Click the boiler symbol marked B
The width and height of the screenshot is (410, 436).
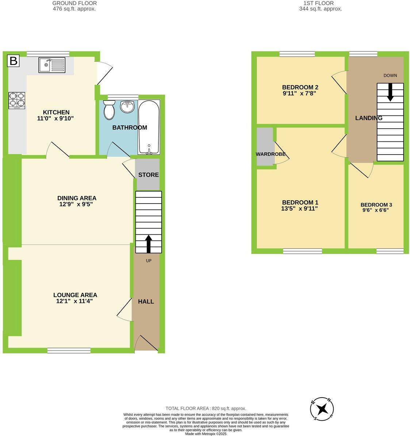click(x=13, y=61)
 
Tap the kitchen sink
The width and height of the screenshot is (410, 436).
click(x=52, y=65)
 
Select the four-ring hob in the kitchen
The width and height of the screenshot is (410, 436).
click(x=17, y=100)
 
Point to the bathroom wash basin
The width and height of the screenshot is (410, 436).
click(x=127, y=107)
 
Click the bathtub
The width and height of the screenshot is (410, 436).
click(x=149, y=126)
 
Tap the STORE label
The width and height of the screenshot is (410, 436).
click(x=149, y=175)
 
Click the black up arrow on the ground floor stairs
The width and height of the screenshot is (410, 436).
click(x=149, y=243)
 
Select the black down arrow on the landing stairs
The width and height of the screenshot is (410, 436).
click(x=390, y=92)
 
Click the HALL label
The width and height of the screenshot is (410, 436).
click(x=146, y=302)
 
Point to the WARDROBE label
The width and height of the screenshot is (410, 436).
click(x=270, y=154)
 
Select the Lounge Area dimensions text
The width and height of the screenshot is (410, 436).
click(x=75, y=302)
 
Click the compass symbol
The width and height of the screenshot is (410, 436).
click(x=322, y=409)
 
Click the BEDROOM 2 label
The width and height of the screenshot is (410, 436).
click(x=300, y=87)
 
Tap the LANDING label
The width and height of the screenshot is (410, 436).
click(x=369, y=118)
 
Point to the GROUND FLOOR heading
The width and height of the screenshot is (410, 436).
click(x=74, y=3)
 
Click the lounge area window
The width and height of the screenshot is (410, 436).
click(x=69, y=350)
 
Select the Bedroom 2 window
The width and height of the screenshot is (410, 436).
click(x=297, y=54)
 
